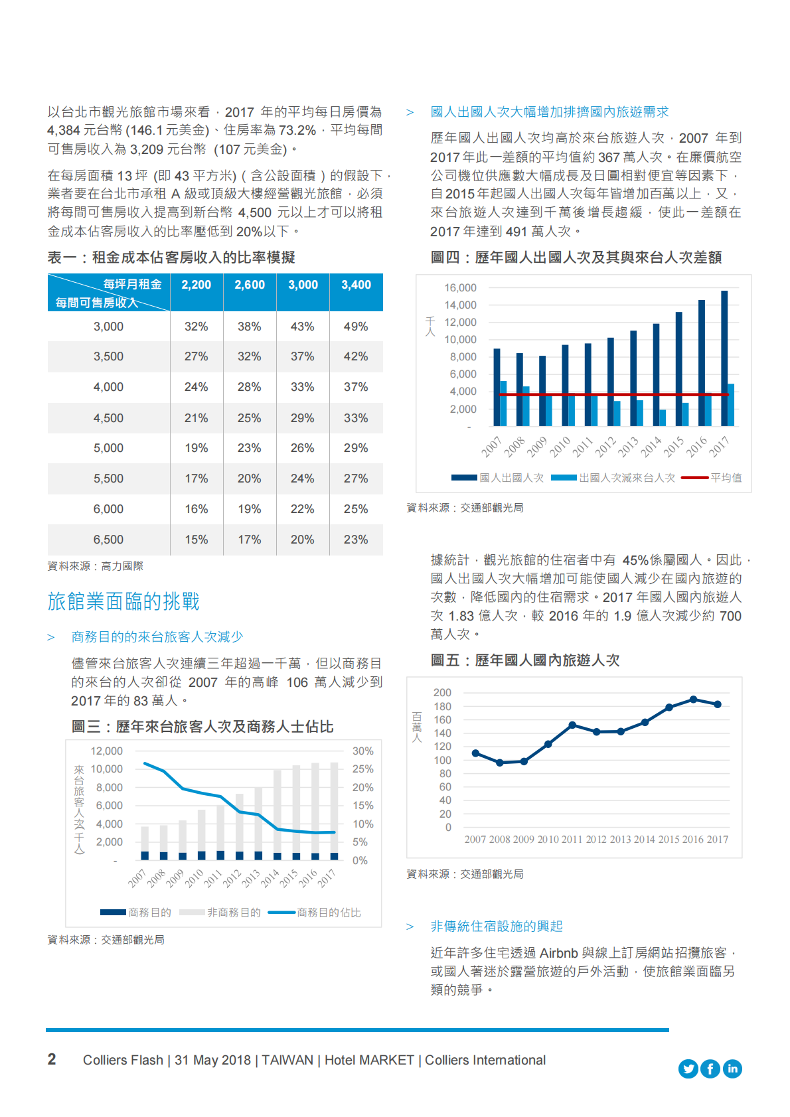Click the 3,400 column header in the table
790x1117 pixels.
(356, 285)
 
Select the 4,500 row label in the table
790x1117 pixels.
(108, 418)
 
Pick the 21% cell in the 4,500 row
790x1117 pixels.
(196, 418)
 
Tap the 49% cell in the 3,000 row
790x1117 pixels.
(356, 327)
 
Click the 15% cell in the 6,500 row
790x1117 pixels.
(196, 540)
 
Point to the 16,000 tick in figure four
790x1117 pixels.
(460, 288)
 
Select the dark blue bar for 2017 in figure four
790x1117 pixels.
(724, 358)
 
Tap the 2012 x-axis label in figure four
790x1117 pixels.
(605, 447)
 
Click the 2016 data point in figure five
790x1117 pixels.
(693, 700)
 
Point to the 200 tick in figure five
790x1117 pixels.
(442, 693)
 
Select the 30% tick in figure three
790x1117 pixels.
(362, 751)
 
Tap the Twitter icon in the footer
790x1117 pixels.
(688, 1069)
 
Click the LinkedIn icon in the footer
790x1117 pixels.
(732, 1069)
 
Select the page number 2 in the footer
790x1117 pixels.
(52, 1059)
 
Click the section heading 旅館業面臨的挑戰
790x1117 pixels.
(123, 601)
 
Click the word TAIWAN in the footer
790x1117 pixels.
(287, 1060)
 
